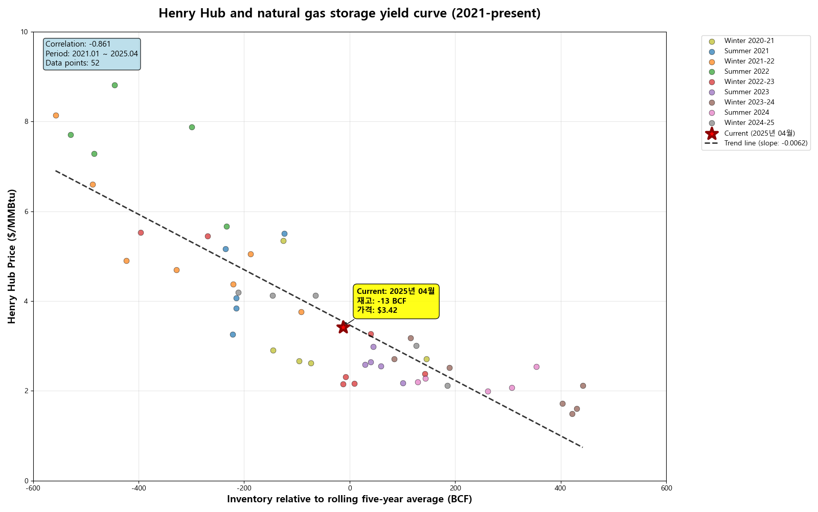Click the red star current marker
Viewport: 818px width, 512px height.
tap(343, 327)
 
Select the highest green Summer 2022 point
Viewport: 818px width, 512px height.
tap(115, 85)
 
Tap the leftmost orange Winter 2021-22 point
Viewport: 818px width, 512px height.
tap(56, 115)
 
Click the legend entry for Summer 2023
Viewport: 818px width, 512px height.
tap(746, 92)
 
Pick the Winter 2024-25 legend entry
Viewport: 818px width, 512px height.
tap(749, 123)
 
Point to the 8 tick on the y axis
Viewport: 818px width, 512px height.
tap(25, 122)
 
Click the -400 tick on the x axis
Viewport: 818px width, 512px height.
tap(139, 488)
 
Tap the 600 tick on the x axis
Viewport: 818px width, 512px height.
tap(666, 488)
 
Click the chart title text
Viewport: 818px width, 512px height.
tap(349, 13)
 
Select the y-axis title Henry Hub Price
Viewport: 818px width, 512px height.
tap(12, 256)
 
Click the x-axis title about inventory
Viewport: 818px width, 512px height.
tap(349, 499)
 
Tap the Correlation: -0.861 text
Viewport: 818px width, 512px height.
tap(78, 45)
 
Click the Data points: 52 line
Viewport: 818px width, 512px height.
tap(73, 63)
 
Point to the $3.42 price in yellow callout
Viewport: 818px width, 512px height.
tap(387, 310)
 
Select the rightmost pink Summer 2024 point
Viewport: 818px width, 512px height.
tap(536, 367)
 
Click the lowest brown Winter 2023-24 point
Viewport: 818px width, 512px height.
tap(572, 414)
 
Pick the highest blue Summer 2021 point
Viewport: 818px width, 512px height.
tap(284, 233)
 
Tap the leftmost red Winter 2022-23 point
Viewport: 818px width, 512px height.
tap(141, 232)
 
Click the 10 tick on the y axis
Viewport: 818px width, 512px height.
tap(24, 32)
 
